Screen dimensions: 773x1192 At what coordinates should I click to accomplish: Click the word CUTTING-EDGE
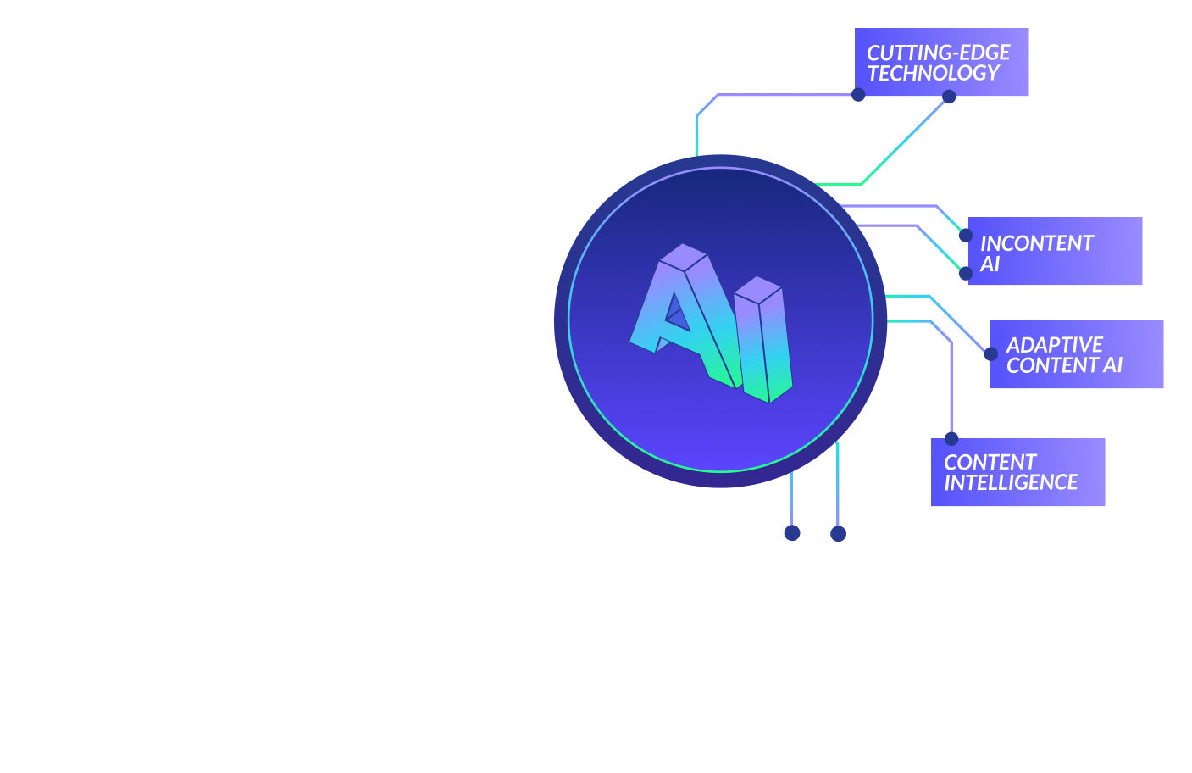(x=938, y=53)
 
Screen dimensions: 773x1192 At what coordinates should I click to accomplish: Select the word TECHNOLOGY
(x=933, y=74)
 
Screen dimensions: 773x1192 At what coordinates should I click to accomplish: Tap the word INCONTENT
(x=1036, y=243)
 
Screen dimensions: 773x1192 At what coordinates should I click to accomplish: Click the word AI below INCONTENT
(x=990, y=264)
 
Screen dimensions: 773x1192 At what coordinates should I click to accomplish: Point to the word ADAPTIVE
(x=1054, y=345)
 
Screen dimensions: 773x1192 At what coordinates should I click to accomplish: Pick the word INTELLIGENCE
(x=1011, y=483)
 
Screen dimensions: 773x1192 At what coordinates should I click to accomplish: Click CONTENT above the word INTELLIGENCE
(x=990, y=462)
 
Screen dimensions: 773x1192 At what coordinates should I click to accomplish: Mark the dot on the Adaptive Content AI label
(x=990, y=353)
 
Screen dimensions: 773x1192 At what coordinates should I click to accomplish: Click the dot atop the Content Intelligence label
(x=951, y=439)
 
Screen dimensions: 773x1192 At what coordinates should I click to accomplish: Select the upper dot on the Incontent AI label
(x=965, y=235)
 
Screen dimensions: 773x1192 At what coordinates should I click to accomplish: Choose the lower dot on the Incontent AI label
(x=965, y=273)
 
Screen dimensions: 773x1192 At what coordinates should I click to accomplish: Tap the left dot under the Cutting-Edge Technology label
(x=858, y=95)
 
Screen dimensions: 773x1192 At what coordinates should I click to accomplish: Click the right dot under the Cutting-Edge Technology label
(x=949, y=97)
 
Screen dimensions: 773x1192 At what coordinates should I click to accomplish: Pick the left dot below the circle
(x=792, y=533)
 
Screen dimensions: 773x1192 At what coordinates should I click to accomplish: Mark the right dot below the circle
(x=838, y=533)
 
